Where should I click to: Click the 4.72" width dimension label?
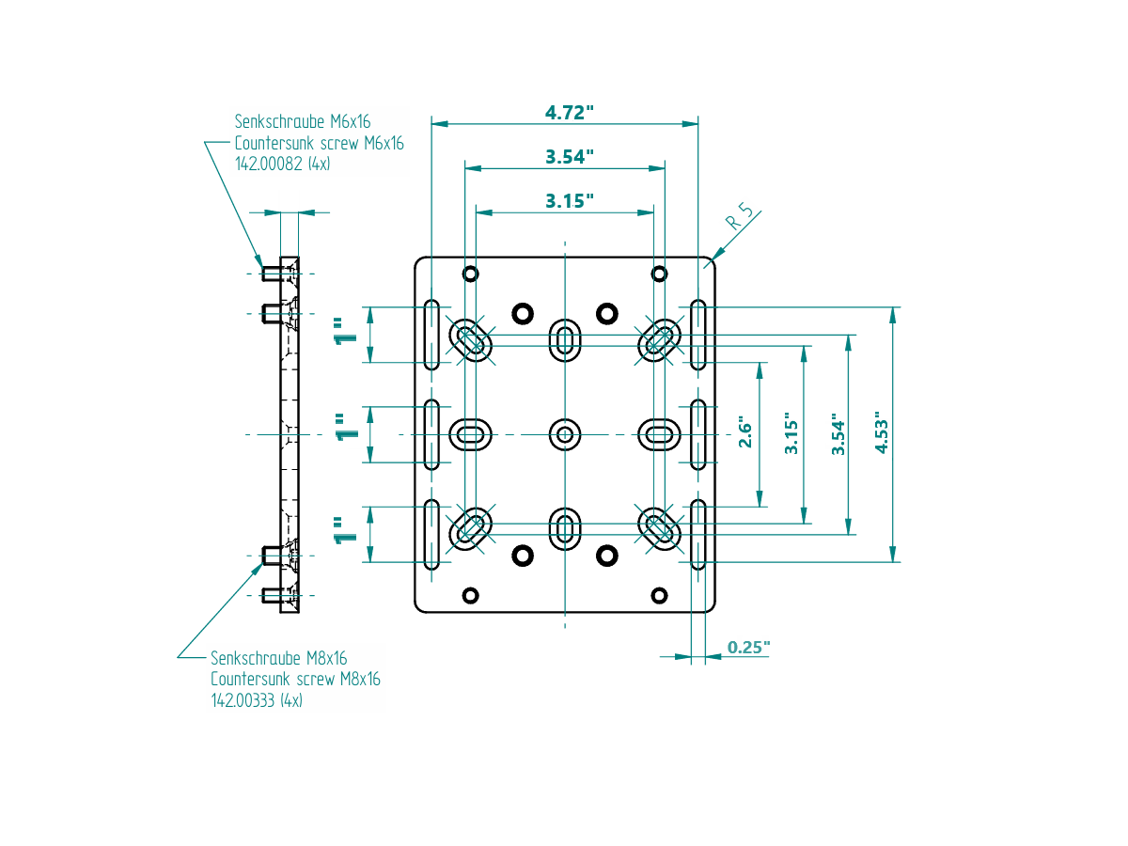[x=570, y=113]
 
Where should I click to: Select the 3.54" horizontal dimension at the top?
[x=570, y=157]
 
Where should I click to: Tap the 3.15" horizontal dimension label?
[x=570, y=201]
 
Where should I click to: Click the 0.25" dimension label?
[x=749, y=648]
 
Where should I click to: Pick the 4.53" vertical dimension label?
[x=881, y=433]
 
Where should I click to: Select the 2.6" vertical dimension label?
[x=745, y=433]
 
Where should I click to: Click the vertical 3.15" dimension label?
[x=791, y=433]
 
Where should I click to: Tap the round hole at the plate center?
[x=565, y=434]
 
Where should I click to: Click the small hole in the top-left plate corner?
[x=471, y=274]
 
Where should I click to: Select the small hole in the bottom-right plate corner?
[x=659, y=595]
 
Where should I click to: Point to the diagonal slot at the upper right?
[x=659, y=339]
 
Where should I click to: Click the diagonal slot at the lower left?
[x=471, y=528]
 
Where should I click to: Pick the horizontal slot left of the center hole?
[x=471, y=434]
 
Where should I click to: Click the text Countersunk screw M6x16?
[x=319, y=143]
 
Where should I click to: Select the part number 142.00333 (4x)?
[x=257, y=700]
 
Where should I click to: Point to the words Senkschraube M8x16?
[x=279, y=658]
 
